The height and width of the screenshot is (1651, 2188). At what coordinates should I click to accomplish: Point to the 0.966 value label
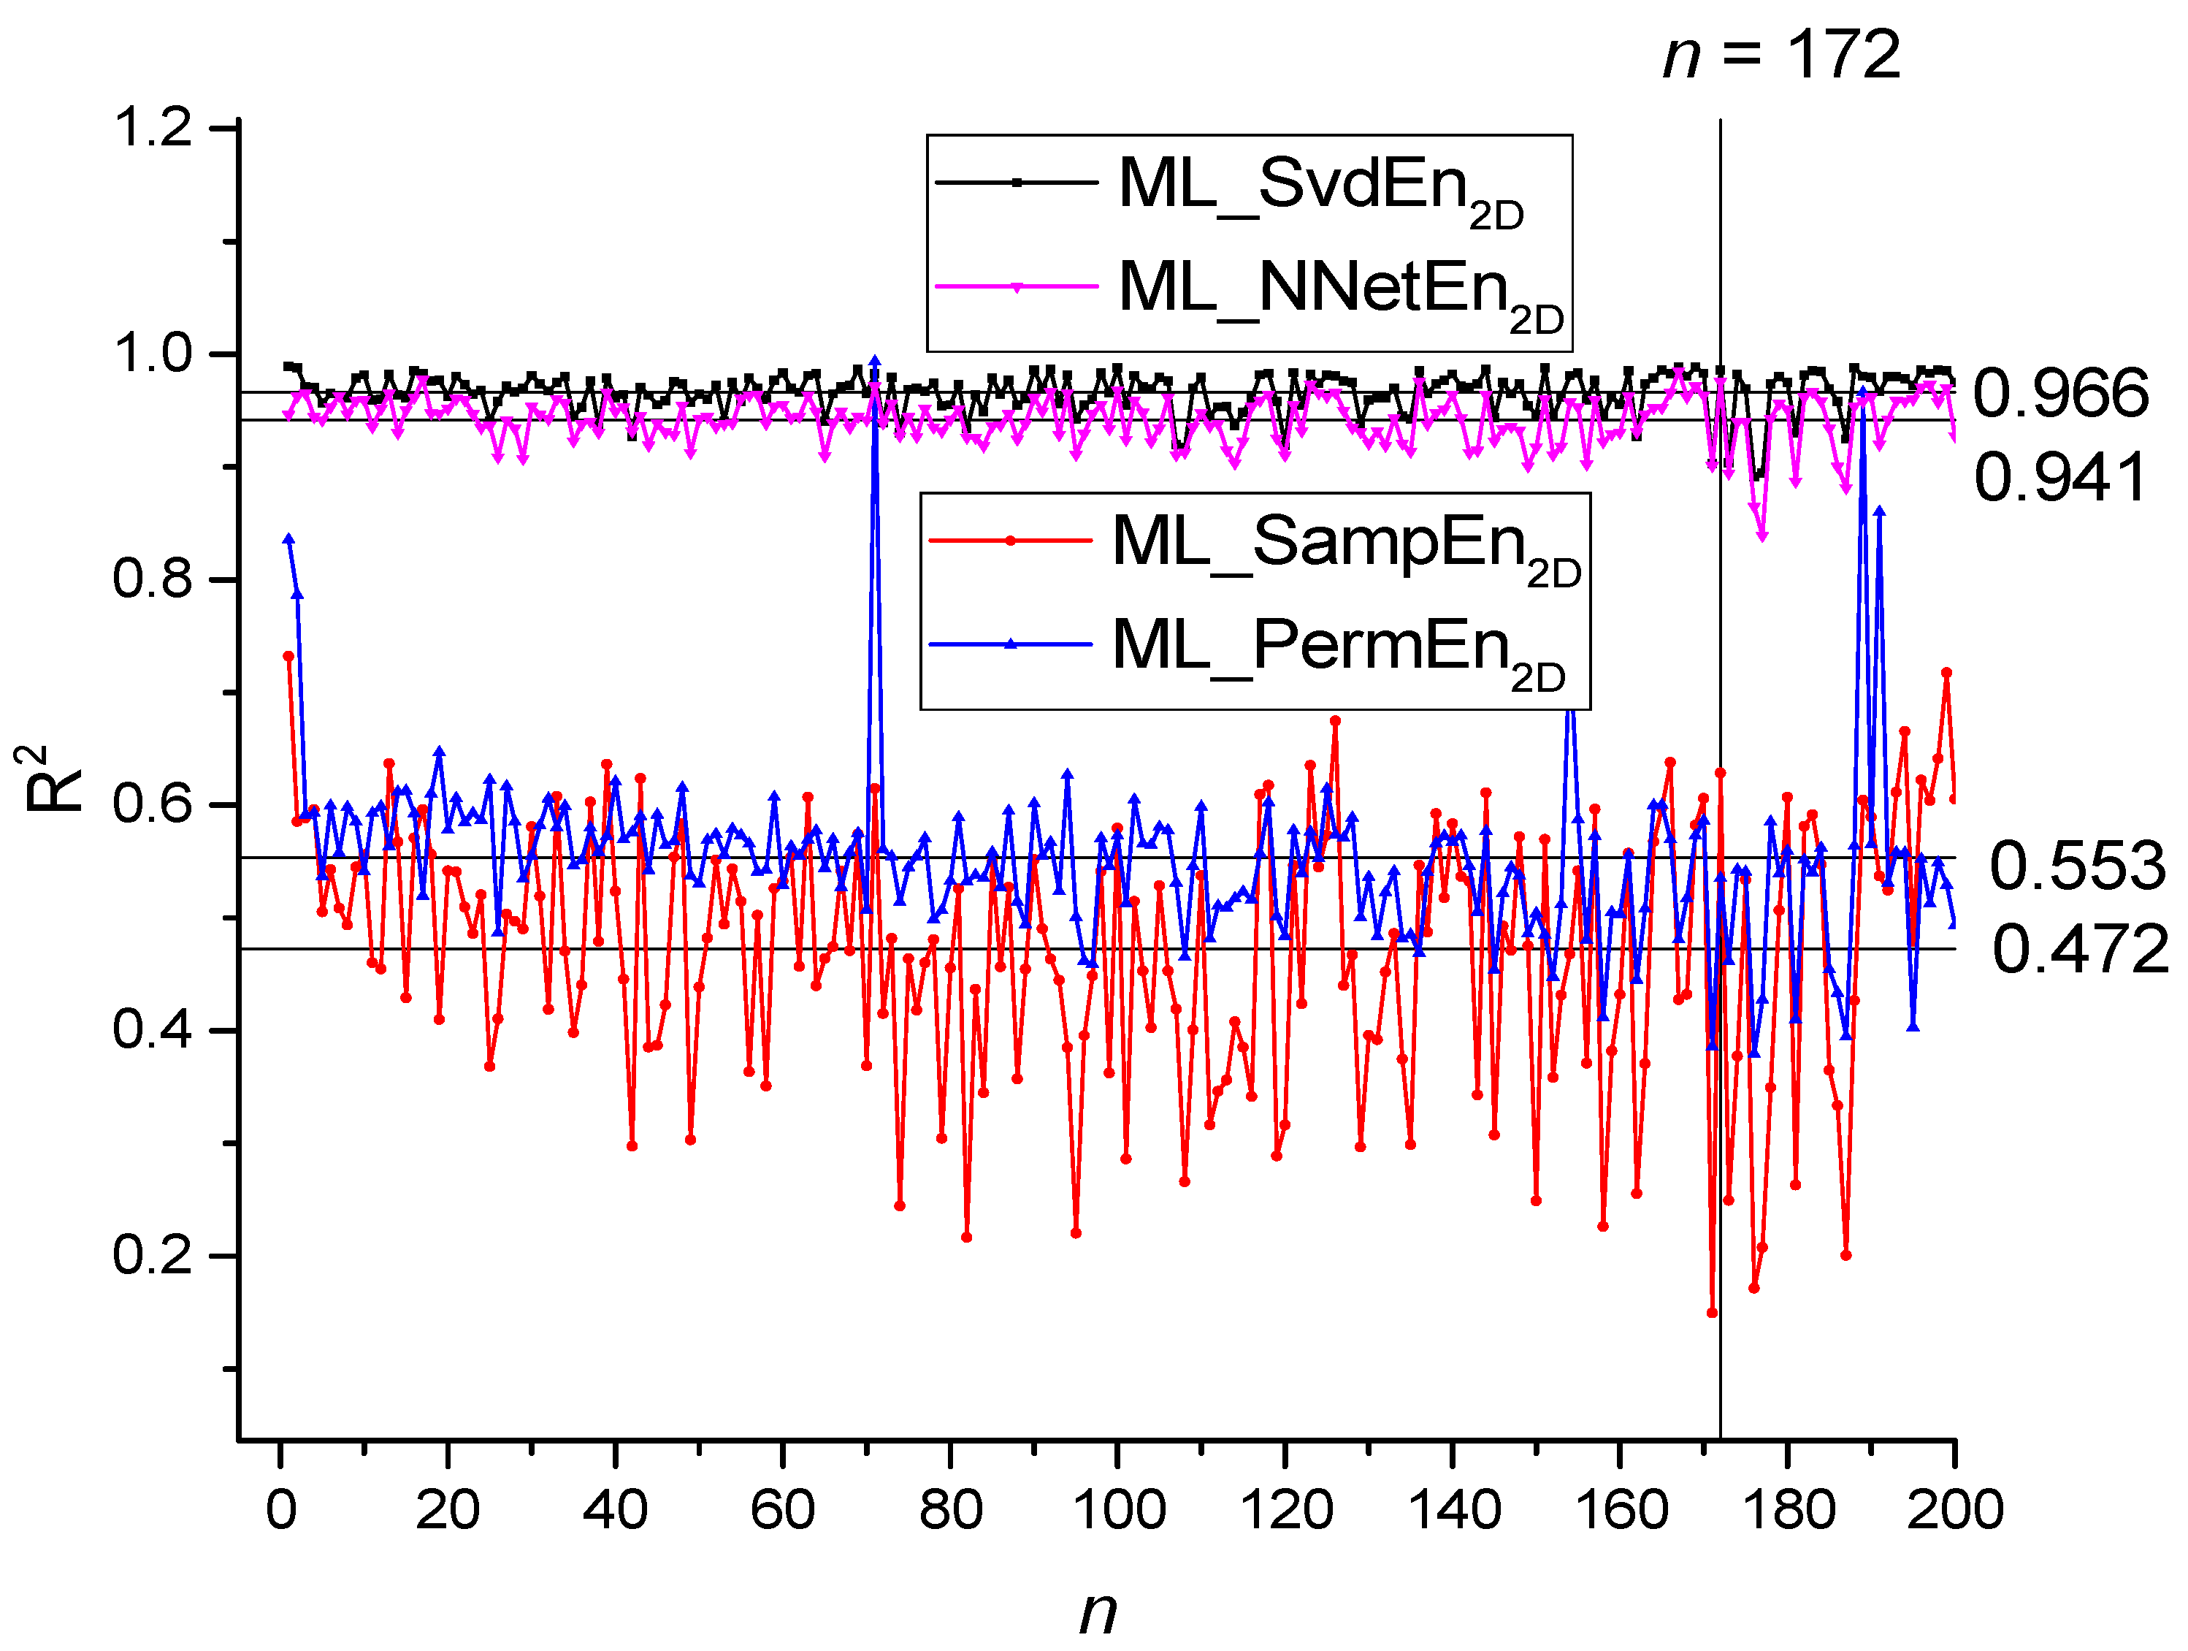[2060, 393]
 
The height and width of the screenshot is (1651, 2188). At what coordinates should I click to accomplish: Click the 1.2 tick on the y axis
[153, 128]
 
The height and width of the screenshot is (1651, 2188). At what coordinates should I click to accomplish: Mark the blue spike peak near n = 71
[874, 361]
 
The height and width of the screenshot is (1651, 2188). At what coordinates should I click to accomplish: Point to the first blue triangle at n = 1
[288, 539]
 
